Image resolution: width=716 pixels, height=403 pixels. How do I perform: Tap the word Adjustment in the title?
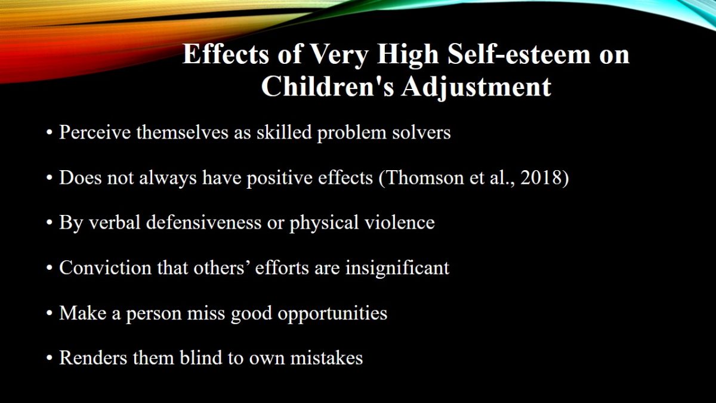point(476,88)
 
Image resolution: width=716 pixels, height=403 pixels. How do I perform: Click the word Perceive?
point(95,132)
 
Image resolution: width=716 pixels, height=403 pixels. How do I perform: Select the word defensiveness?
point(204,223)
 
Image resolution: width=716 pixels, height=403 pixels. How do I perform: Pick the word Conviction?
point(105,267)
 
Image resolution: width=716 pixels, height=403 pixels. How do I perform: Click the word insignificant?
point(397,268)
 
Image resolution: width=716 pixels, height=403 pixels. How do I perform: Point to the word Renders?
point(93,358)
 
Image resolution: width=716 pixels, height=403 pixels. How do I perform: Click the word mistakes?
point(326,358)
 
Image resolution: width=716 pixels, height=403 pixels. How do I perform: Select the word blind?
point(200,358)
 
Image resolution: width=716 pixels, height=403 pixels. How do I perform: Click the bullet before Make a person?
point(49,313)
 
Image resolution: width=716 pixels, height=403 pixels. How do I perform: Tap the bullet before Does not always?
point(49,178)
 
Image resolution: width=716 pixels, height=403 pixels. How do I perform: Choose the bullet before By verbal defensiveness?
point(49,223)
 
